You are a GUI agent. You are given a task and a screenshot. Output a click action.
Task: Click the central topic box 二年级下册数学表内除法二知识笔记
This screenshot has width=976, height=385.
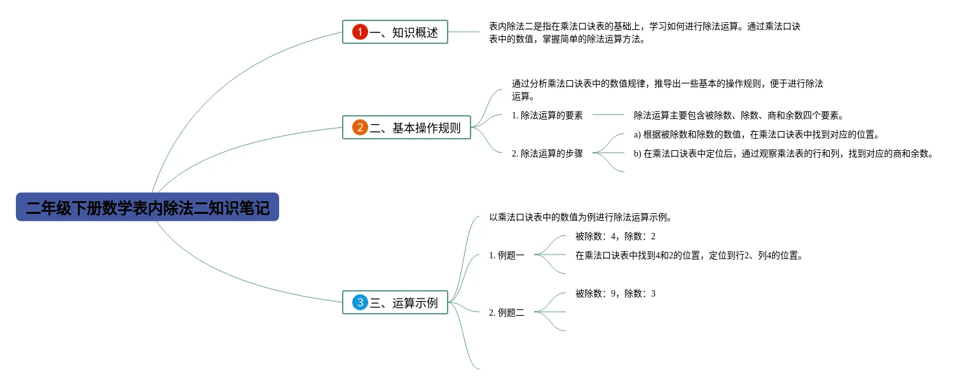(x=148, y=207)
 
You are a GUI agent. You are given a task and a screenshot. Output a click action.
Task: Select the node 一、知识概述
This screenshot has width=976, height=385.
(x=395, y=32)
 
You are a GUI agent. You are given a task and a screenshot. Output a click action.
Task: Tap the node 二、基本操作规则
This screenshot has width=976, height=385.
(x=406, y=127)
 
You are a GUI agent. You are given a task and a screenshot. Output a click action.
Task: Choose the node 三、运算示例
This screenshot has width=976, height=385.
(x=395, y=302)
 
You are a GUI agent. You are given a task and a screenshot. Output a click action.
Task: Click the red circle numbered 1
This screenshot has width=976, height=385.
(x=360, y=32)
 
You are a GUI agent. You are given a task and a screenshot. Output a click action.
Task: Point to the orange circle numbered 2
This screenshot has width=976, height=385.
(x=360, y=127)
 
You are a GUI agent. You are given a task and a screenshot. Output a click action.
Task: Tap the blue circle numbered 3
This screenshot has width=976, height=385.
(x=360, y=302)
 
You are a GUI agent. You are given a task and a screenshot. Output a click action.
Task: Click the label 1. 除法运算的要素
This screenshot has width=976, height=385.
(x=547, y=115)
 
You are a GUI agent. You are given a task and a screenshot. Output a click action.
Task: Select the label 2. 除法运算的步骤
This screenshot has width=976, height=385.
(x=547, y=153)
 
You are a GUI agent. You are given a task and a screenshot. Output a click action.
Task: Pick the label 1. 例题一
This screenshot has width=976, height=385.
(x=507, y=255)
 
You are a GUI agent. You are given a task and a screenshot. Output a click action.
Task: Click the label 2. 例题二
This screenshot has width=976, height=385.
(x=507, y=312)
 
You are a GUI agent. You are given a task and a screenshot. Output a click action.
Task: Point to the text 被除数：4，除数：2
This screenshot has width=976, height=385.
(x=615, y=236)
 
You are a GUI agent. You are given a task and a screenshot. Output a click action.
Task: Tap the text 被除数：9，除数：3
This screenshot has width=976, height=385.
(x=615, y=293)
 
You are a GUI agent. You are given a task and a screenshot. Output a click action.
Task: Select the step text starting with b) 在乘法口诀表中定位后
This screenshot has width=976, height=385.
(x=783, y=153)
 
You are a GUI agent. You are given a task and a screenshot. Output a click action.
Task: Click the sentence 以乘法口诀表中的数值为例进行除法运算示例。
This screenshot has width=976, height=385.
(x=581, y=217)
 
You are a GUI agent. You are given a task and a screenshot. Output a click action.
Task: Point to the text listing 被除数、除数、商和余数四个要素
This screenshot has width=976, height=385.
(x=738, y=115)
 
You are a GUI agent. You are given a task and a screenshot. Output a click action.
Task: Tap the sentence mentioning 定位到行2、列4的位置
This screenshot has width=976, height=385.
(x=689, y=255)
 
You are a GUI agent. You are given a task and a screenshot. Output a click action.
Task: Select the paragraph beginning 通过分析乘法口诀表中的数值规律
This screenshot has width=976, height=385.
(x=667, y=90)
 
